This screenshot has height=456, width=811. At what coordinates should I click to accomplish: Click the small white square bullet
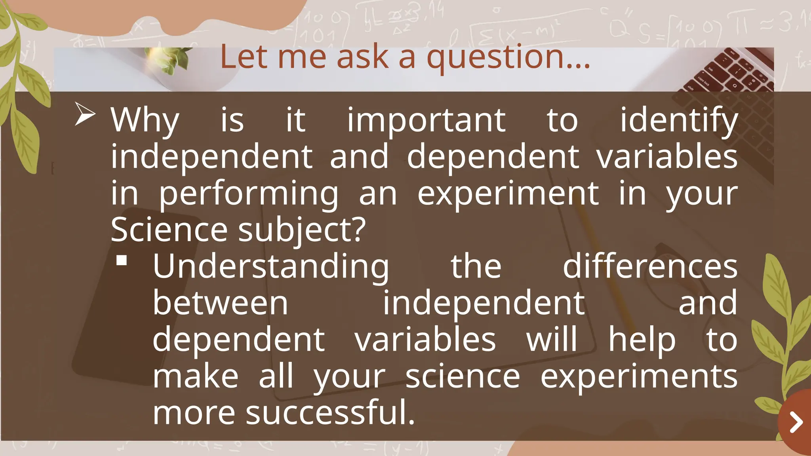pos(122,260)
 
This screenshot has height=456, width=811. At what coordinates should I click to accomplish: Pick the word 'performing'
pos(249,194)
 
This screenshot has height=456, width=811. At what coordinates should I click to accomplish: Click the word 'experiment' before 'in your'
pos(508,194)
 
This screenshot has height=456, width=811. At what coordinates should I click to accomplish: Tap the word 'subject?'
pos(302,230)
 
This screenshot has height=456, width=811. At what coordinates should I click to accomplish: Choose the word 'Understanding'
pos(271,267)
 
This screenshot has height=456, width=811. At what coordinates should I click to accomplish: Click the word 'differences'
pos(650,267)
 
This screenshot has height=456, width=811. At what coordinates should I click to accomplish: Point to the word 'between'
pos(221,303)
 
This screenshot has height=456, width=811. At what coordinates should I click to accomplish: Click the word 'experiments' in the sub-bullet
pos(639,376)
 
